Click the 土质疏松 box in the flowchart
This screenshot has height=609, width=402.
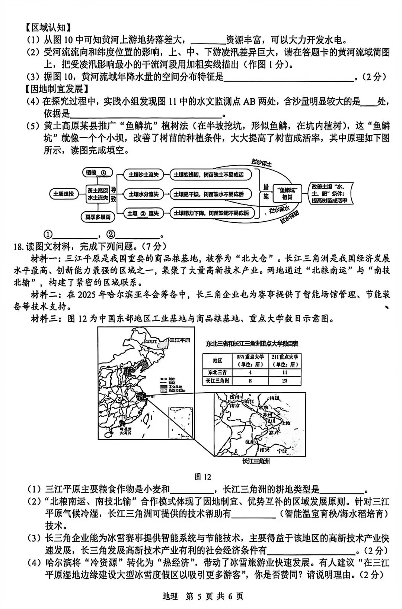pyautogui.click(x=64, y=194)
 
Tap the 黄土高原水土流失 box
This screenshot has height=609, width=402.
pyautogui.click(x=98, y=194)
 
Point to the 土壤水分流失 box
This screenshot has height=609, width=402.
pyautogui.click(x=143, y=194)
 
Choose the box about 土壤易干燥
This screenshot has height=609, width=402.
pyautogui.click(x=211, y=194)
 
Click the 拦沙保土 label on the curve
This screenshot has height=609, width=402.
pyautogui.click(x=262, y=162)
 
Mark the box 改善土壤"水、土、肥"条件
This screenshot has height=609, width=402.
pyautogui.click(x=329, y=193)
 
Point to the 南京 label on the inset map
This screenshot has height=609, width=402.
pyautogui.click(x=235, y=406)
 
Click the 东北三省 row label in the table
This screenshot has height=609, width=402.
pyautogui.click(x=217, y=372)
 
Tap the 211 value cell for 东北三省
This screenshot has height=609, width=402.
pyautogui.click(x=285, y=372)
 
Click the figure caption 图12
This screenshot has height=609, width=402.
pyautogui.click(x=203, y=477)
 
